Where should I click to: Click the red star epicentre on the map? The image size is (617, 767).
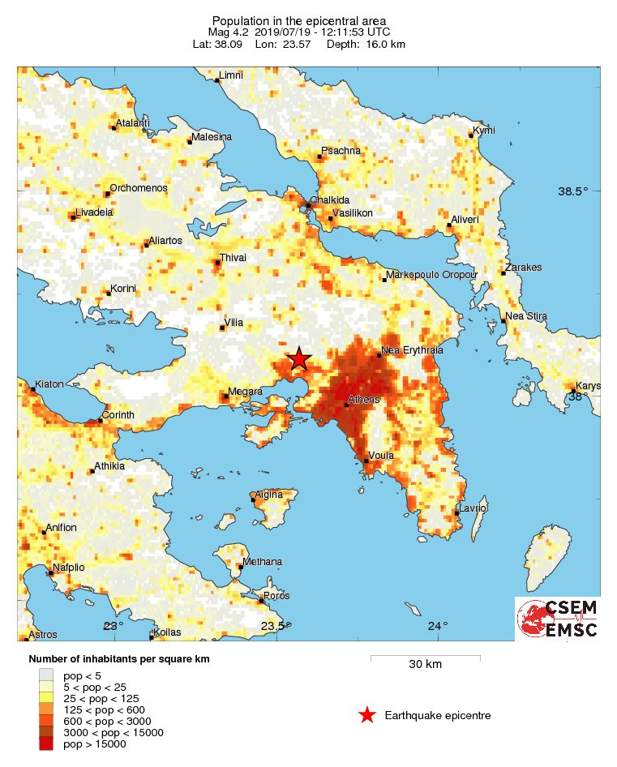pos(299,358)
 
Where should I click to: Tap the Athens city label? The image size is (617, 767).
pos(363,400)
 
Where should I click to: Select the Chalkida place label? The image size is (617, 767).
pos(330,200)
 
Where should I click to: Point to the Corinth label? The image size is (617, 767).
pos(118,415)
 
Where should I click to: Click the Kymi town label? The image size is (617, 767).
pos(484,131)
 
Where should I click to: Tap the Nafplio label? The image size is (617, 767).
pos(69,568)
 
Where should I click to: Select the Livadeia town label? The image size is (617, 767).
pos(94,212)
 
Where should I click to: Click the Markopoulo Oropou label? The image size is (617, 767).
pos(431,276)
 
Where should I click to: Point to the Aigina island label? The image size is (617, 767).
pos(269,495)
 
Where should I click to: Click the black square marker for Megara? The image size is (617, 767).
pos(225,397)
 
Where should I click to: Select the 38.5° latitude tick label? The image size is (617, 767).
pos(573,192)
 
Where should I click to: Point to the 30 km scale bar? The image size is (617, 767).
pos(425,657)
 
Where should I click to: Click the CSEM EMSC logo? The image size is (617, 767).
pos(557,619)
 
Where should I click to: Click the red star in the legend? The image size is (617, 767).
pos(367,715)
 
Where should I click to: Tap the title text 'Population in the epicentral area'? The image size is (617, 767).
pos(299,20)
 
